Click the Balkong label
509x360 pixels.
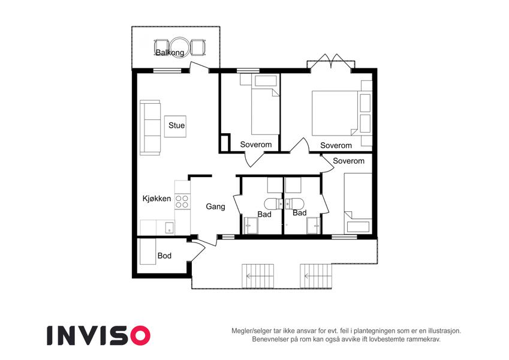coord(170,53)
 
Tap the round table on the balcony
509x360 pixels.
coord(178,47)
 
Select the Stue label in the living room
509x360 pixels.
coord(177,125)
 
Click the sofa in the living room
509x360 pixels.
coord(150,127)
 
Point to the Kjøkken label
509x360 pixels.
coord(157,199)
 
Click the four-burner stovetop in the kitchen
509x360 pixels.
coord(182,202)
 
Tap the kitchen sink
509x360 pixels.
coord(169,227)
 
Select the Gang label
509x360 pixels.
coord(216,206)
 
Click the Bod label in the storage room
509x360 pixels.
coord(164,256)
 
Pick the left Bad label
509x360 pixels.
coord(264,214)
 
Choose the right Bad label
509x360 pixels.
coord(300,213)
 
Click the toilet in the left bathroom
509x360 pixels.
coord(273,204)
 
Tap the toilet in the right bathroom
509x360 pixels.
coord(294,204)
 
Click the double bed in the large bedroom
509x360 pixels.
coord(335,113)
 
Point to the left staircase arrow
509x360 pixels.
coord(258,277)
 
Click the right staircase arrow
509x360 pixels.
coord(316,277)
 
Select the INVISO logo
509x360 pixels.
coord(99,335)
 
